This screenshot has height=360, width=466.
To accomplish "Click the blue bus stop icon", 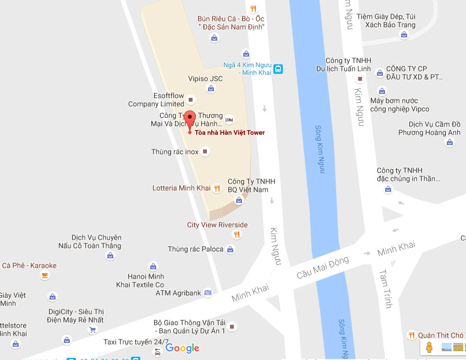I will [x=278, y=69].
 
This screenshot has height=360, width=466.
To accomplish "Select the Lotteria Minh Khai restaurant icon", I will [x=217, y=188].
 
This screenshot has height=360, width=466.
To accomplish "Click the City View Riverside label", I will [x=217, y=225].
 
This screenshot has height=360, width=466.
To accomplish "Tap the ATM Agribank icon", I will [x=207, y=293].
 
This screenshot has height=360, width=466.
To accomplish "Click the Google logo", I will [x=182, y=348].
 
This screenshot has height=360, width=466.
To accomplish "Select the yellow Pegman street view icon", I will [x=429, y=347].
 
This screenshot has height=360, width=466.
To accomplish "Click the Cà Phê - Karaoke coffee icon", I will [x=45, y=275].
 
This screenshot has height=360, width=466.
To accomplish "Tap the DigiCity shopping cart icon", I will [x=92, y=330].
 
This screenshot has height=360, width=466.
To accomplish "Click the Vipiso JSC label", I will [x=205, y=79].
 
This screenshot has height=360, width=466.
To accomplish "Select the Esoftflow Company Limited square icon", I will [x=191, y=99].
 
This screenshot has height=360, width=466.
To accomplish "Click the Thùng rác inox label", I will [x=175, y=152].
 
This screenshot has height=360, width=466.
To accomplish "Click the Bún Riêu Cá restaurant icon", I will [x=253, y=8].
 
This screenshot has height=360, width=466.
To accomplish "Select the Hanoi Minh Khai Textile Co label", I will [x=140, y=280].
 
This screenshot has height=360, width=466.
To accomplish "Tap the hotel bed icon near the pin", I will [x=229, y=119].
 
